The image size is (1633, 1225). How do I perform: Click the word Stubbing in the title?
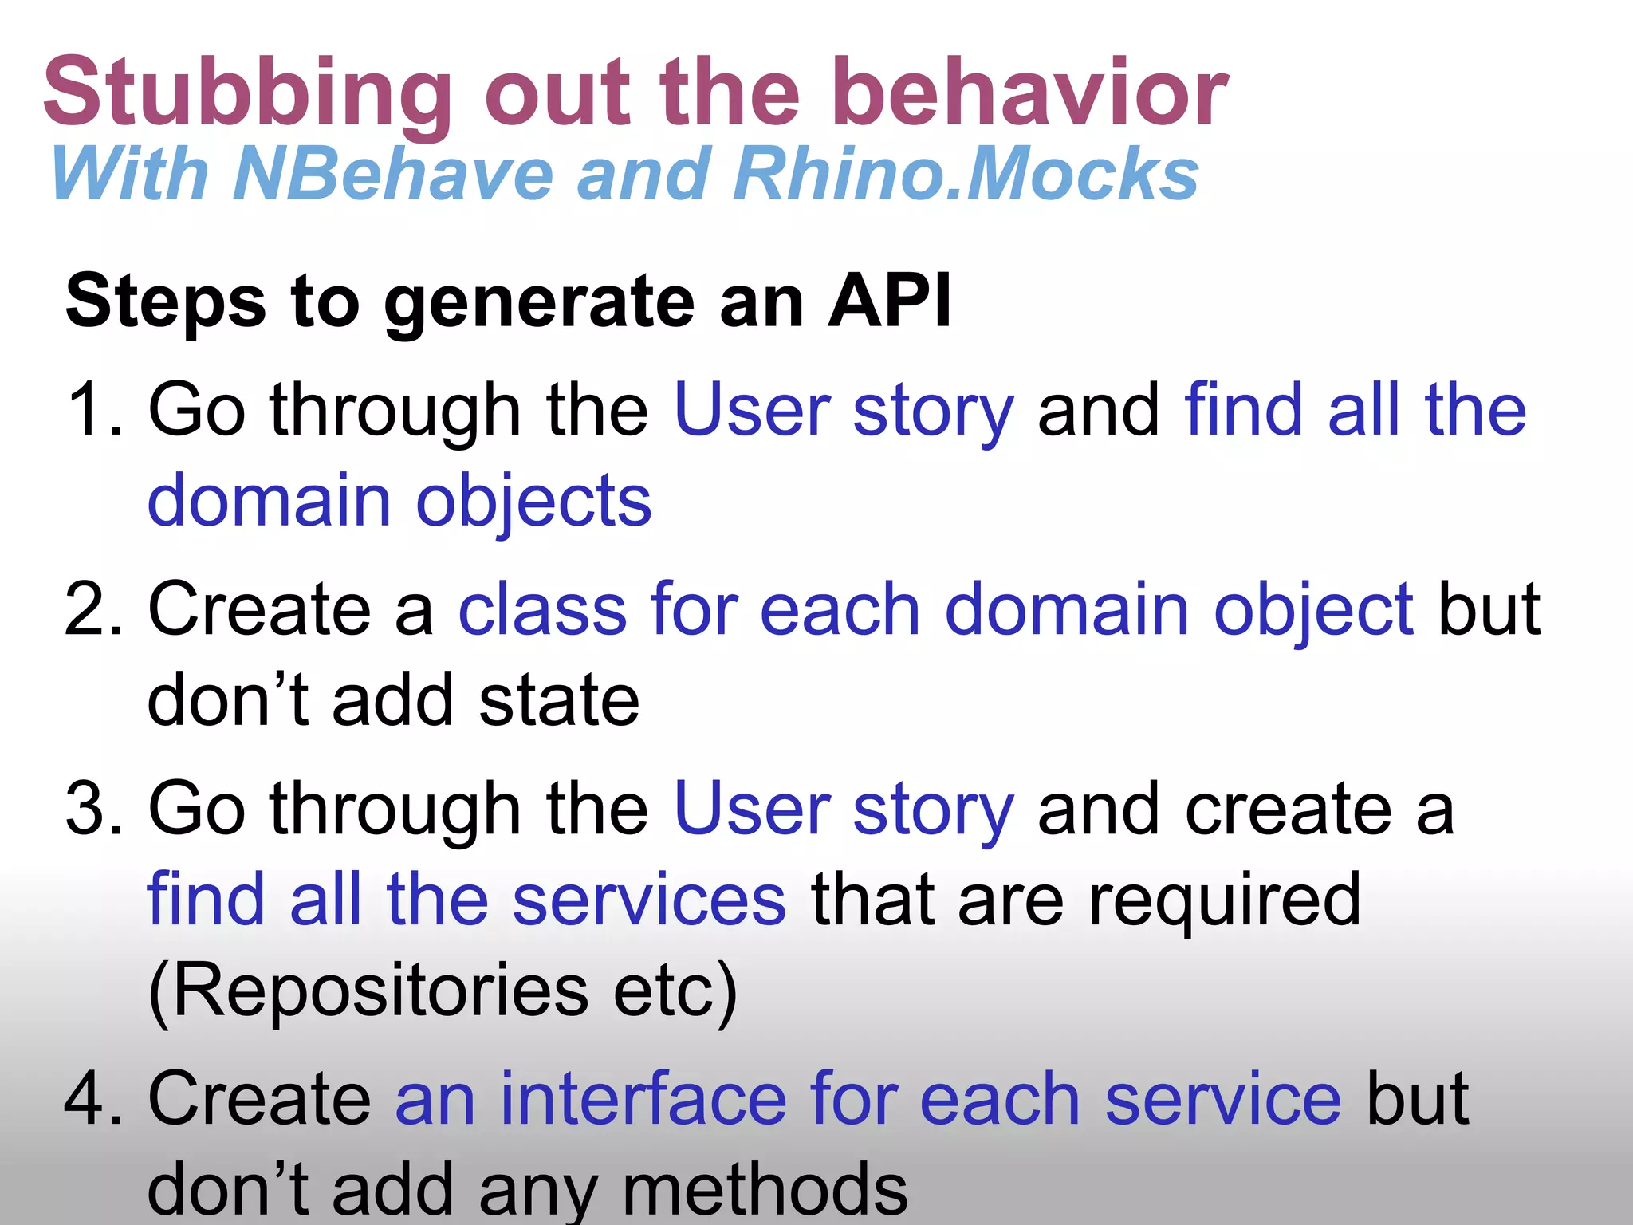247,94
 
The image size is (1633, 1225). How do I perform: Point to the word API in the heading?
889,301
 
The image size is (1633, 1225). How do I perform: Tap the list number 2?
94,609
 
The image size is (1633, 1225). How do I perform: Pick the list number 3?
94,809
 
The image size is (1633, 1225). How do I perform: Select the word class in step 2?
542,609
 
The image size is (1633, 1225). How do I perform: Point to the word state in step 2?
558,700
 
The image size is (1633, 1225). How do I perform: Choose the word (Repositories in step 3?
368,991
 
